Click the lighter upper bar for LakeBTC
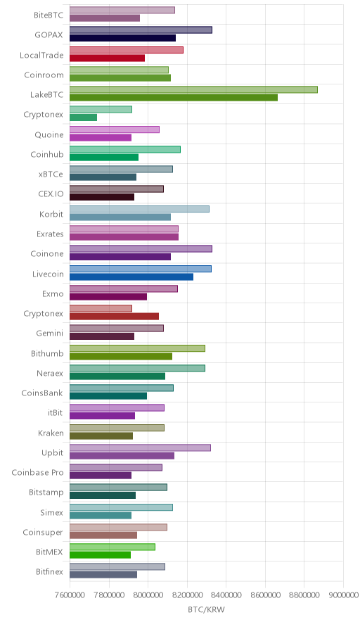(x=193, y=89)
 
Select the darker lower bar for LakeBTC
(x=174, y=98)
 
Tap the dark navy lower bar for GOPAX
(x=122, y=38)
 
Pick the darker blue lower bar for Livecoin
(x=131, y=277)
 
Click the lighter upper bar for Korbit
(x=139, y=209)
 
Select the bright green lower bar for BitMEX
(x=101, y=555)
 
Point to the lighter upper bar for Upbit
(x=141, y=448)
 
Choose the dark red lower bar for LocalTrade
(x=107, y=58)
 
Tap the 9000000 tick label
(x=342, y=595)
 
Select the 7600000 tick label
(x=70, y=595)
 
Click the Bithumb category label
(x=47, y=353)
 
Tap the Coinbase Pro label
(x=37, y=472)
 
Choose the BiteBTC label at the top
(x=49, y=15)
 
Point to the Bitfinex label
(x=49, y=571)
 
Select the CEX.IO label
(x=51, y=194)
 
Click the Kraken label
(x=51, y=433)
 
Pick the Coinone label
(x=47, y=254)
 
